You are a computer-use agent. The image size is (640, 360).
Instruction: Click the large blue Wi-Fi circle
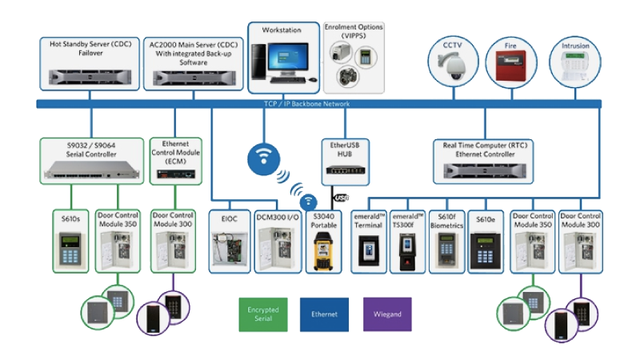265,157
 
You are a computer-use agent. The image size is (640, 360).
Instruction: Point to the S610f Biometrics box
446,240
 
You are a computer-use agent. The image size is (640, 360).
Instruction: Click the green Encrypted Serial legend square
262,314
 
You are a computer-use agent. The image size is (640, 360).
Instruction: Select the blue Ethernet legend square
324,314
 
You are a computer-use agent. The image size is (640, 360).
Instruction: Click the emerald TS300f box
408,240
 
